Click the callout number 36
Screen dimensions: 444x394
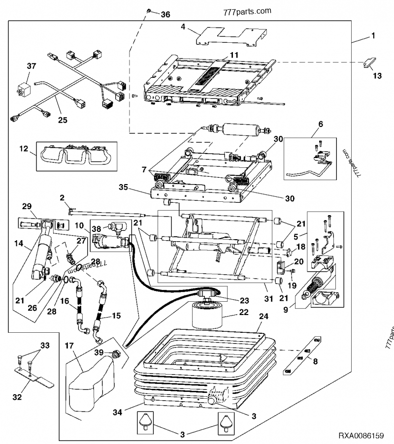pyautogui.click(x=165, y=15)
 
